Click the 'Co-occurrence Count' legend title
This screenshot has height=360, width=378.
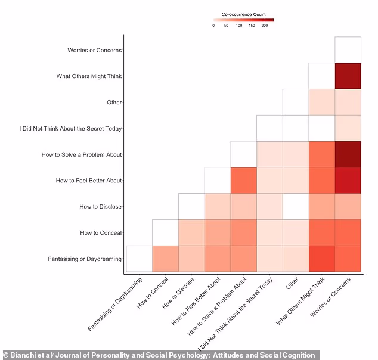[x=243, y=14]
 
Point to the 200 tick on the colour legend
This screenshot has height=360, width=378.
[x=265, y=26]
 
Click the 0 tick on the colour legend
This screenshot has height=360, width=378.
[x=213, y=26]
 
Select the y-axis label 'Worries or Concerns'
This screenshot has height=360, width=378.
[x=95, y=51]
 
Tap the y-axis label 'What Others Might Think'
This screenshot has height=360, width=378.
[x=89, y=76]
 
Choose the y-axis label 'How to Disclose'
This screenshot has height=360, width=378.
[x=100, y=207]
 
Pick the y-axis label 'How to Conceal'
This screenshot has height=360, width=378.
[x=101, y=233]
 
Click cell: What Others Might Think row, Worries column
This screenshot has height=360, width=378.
[x=348, y=76]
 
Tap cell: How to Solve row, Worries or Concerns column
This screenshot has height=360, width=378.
[x=348, y=154]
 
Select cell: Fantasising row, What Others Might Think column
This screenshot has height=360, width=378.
[x=322, y=259]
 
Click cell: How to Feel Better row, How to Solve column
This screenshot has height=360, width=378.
[x=243, y=181]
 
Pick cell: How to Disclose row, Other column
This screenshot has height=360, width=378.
[x=296, y=207]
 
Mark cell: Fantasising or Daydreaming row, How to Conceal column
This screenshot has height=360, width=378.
[x=165, y=259]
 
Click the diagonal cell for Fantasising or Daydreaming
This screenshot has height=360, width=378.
[x=139, y=259]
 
